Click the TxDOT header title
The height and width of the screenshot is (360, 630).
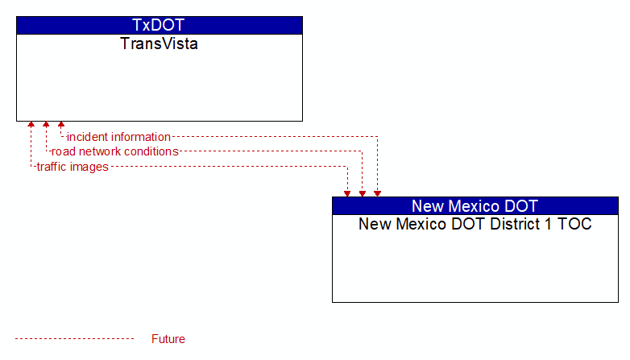click(158, 25)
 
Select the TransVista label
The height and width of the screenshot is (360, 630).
click(159, 43)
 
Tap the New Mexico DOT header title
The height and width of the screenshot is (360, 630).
click(475, 206)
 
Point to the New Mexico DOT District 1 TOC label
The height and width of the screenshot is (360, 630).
click(475, 224)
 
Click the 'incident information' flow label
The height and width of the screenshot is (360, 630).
click(118, 137)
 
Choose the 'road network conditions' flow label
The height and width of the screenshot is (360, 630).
click(115, 151)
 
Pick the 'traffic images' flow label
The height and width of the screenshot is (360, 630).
click(73, 167)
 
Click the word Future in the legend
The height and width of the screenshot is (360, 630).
click(168, 339)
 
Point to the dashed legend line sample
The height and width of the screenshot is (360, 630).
click(75, 339)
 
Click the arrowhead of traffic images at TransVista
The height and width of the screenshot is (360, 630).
click(31, 124)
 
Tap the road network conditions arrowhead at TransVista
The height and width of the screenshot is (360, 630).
click(46, 124)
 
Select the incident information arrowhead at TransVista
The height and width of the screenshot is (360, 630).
click(61, 124)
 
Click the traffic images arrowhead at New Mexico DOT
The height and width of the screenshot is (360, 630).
click(347, 194)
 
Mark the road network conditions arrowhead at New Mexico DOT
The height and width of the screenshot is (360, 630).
click(363, 194)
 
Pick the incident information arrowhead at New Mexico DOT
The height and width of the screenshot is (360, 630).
click(377, 194)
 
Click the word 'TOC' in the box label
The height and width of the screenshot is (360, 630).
click(574, 224)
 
